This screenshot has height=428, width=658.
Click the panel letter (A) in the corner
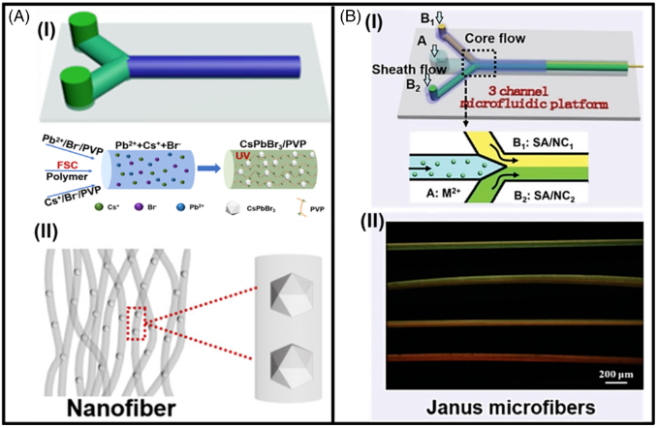16,12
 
